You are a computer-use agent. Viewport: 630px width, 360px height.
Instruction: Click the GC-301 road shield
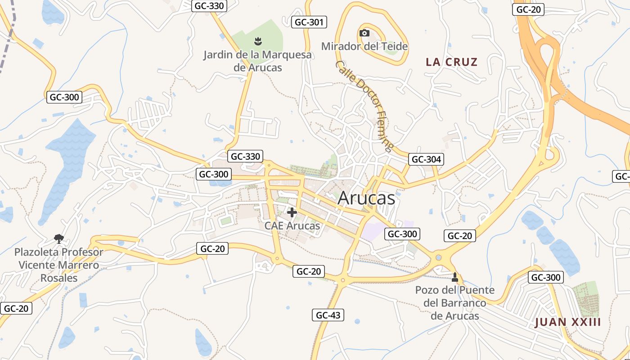pyautogui.click(x=309, y=22)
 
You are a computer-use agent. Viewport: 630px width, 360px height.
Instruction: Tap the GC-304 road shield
pyautogui.click(x=426, y=159)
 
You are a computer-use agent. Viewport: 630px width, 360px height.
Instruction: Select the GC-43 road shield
pyautogui.click(x=328, y=315)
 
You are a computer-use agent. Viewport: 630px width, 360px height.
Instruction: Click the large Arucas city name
pyautogui.click(x=366, y=198)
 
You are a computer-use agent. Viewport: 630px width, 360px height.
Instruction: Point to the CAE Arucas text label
pyautogui.click(x=292, y=225)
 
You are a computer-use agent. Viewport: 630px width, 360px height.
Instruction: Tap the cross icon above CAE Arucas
pyautogui.click(x=292, y=212)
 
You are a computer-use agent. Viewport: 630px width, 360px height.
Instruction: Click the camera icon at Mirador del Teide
pyautogui.click(x=364, y=33)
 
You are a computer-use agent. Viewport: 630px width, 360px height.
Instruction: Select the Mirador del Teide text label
pyautogui.click(x=364, y=46)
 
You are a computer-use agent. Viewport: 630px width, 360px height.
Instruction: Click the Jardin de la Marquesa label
pyautogui.click(x=257, y=61)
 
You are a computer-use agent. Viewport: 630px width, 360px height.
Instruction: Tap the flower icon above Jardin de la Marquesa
pyautogui.click(x=257, y=42)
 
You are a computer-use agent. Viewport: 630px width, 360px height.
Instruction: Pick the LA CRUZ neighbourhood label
pyautogui.click(x=451, y=62)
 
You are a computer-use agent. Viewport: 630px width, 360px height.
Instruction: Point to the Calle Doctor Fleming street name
pyautogui.click(x=364, y=106)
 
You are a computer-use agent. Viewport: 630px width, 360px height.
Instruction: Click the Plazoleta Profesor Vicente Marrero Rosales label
pyautogui.click(x=59, y=265)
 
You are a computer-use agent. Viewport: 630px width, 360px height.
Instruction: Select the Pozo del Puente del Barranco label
pyautogui.click(x=455, y=303)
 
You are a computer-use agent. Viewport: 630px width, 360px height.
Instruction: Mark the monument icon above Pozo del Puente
pyautogui.click(x=454, y=277)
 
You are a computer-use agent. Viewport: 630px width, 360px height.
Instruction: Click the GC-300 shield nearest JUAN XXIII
pyautogui.click(x=546, y=277)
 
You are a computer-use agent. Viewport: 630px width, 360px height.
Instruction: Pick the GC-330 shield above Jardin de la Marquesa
pyautogui.click(x=209, y=6)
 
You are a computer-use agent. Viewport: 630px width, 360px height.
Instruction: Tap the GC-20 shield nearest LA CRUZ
pyautogui.click(x=528, y=9)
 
